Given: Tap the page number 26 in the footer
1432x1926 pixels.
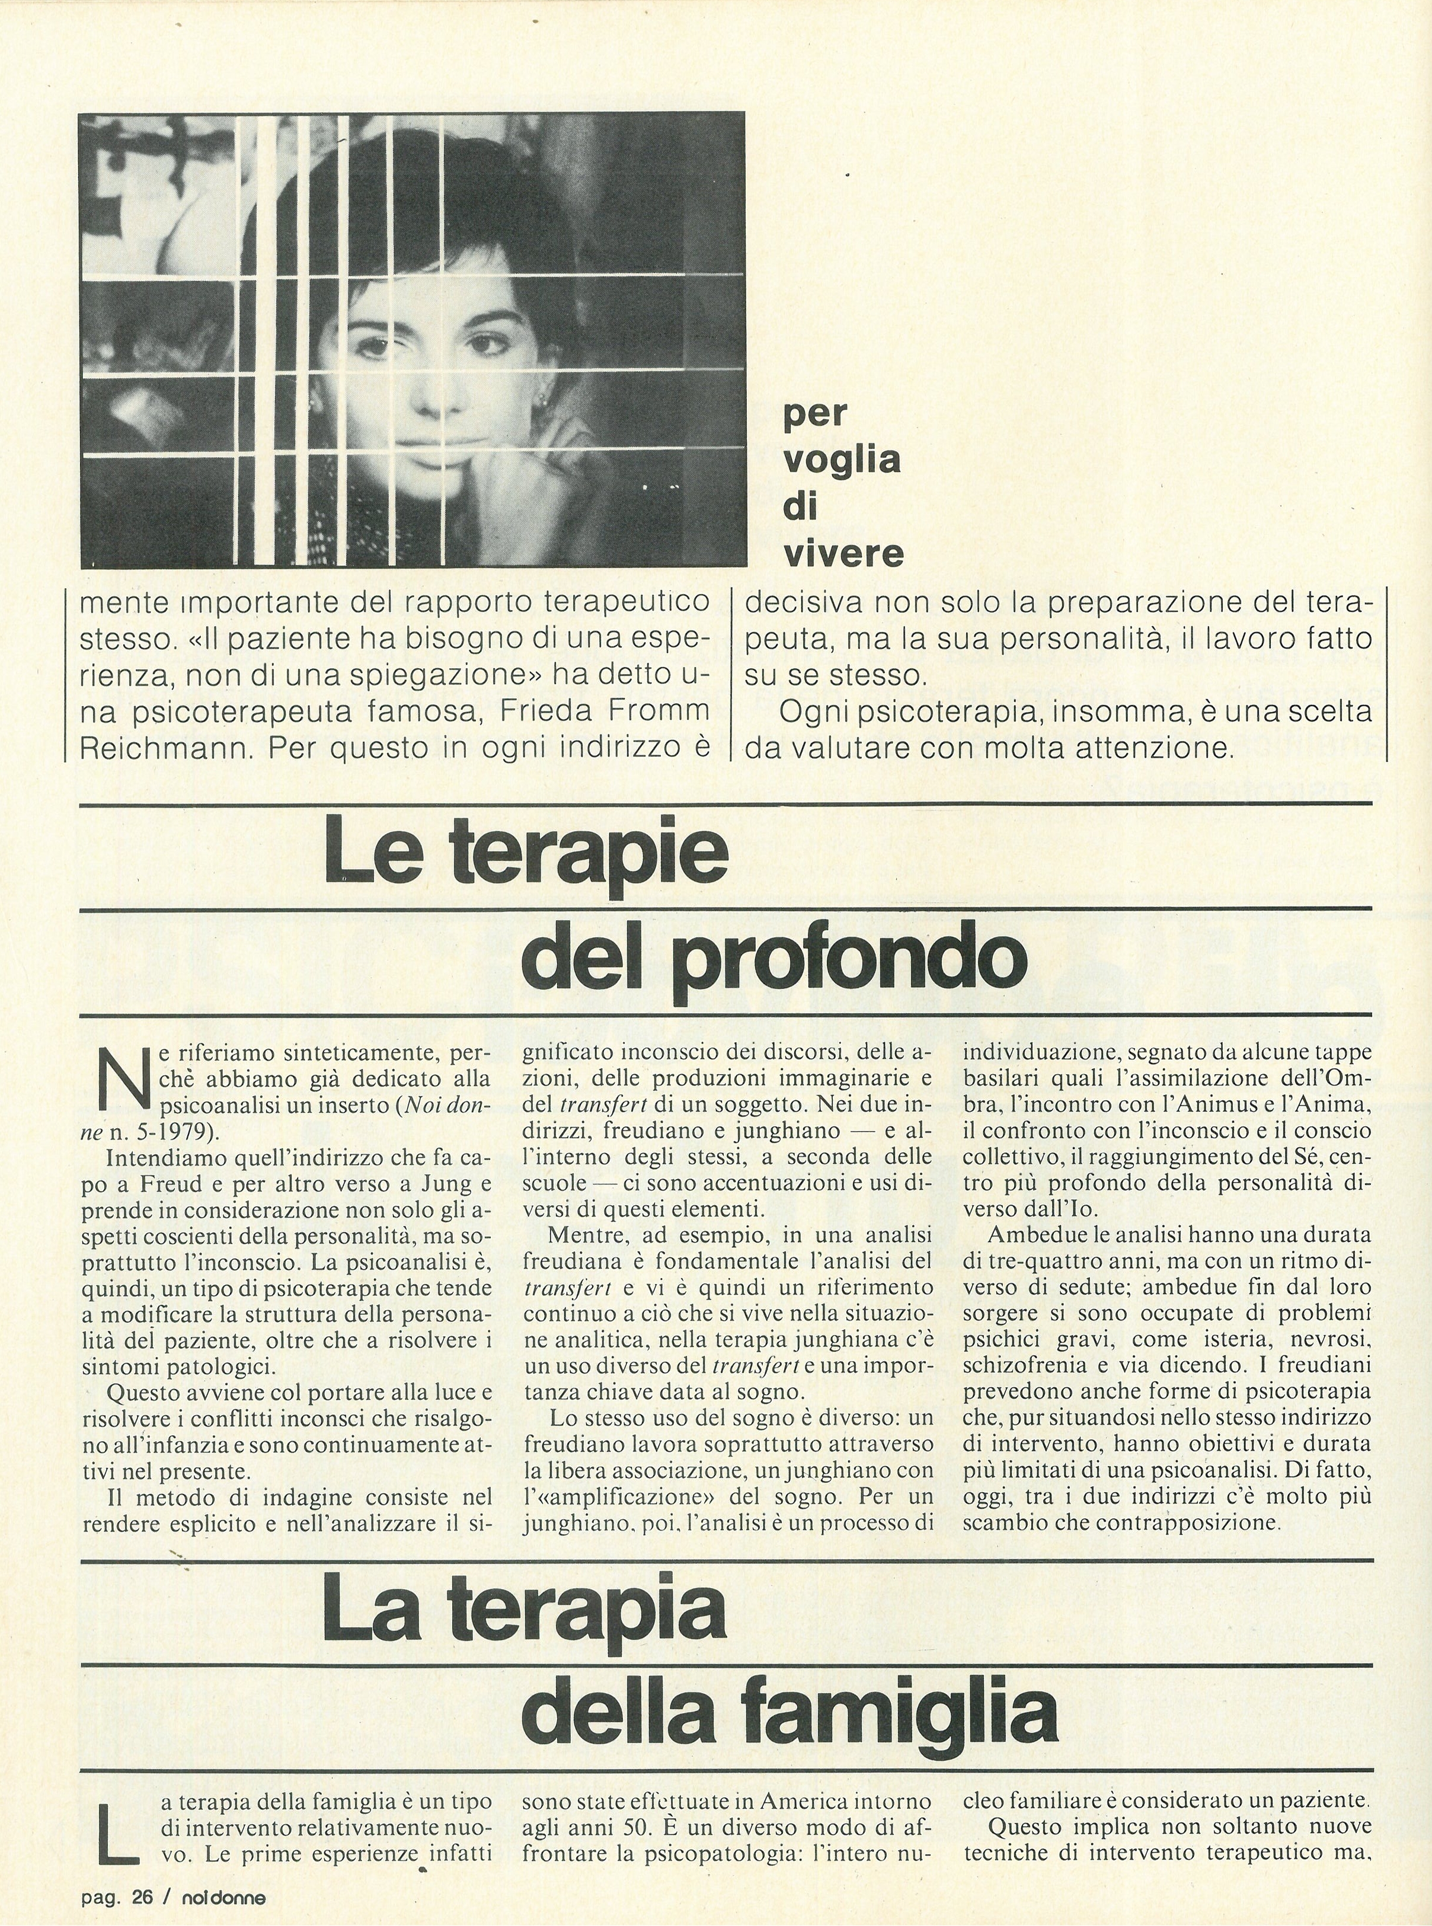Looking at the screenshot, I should click(142, 1890).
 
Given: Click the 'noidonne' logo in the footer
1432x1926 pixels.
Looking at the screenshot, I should click(223, 1890).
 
